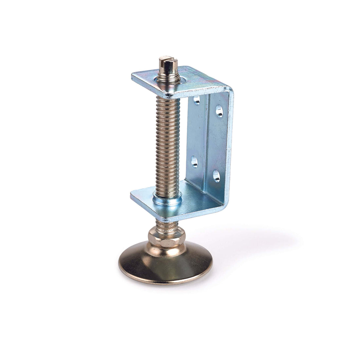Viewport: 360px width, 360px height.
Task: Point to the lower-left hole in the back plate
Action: [194, 162]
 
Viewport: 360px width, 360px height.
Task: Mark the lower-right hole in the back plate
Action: [216, 176]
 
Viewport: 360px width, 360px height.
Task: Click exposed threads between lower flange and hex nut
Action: [167, 224]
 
